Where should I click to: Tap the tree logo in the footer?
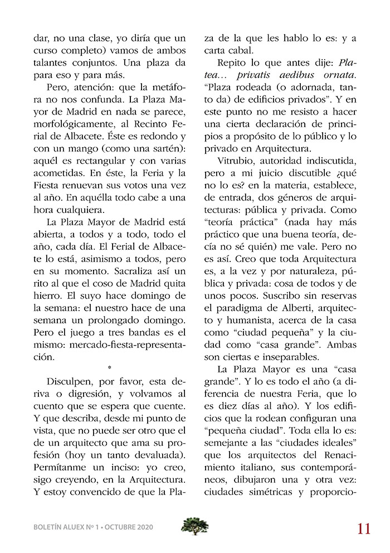[195, 526]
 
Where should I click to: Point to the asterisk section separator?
[110, 368]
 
